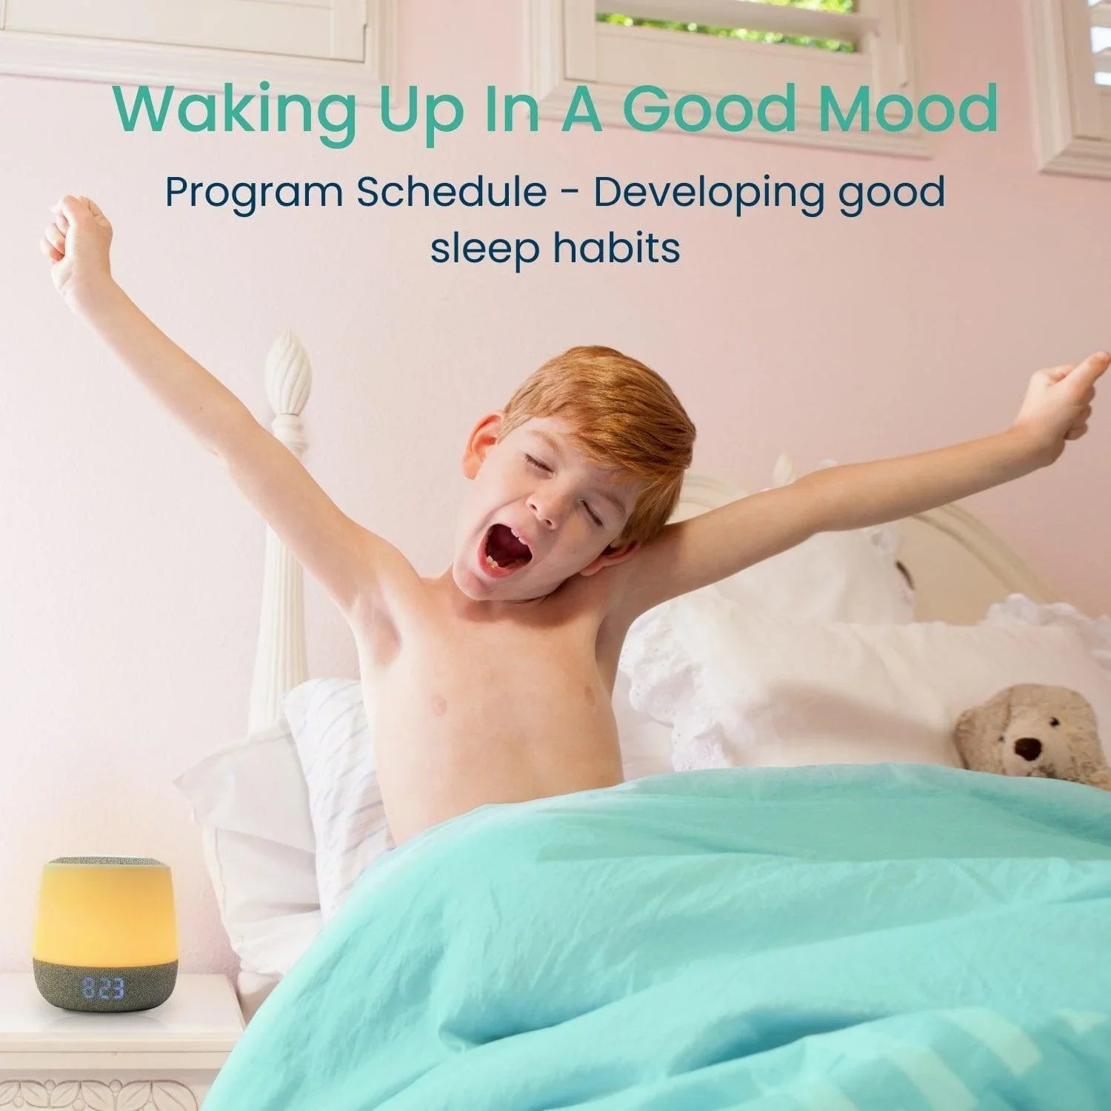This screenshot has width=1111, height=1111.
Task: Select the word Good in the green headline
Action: pyautogui.click(x=718, y=109)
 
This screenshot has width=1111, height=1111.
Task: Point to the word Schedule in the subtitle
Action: pyautogui.click(x=451, y=191)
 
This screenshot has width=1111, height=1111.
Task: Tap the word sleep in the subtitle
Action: pyautogui.click(x=485, y=250)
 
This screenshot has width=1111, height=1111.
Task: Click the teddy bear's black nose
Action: pyautogui.click(x=1028, y=749)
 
